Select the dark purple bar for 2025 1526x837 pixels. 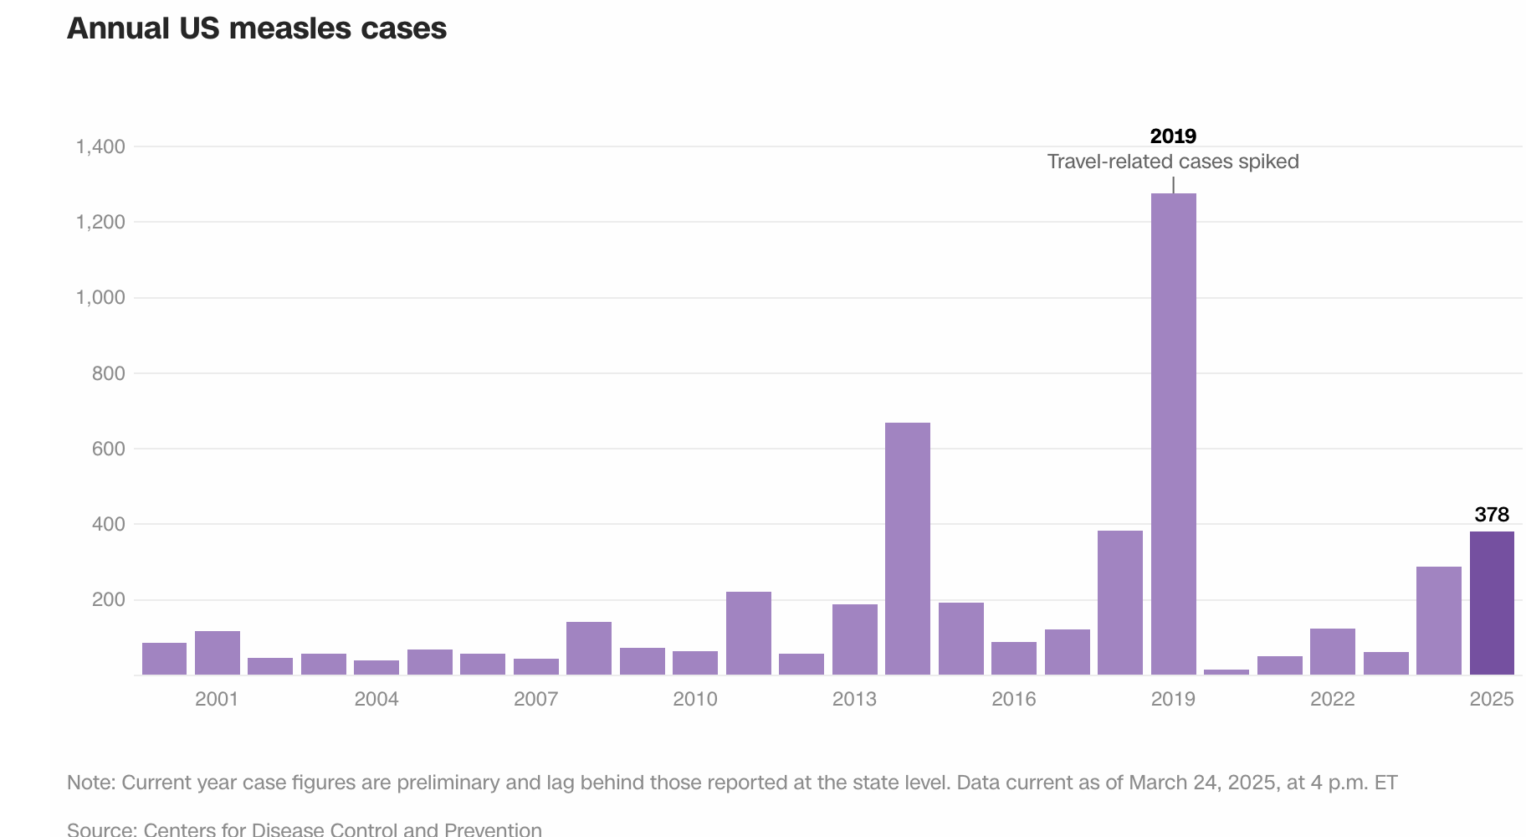tap(1492, 603)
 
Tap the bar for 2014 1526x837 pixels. tap(908, 548)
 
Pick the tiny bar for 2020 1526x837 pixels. tap(1226, 671)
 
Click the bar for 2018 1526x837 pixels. tap(1120, 603)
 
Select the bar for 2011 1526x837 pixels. tap(749, 633)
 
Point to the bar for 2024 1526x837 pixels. tap(1439, 620)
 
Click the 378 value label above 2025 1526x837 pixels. tap(1492, 514)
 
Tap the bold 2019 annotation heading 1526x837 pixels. tap(1173, 136)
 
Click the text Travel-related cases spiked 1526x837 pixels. tap(1173, 162)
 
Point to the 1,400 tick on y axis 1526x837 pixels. tap(100, 146)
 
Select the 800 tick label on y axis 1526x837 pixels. tap(109, 373)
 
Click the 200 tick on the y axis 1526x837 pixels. tap(109, 599)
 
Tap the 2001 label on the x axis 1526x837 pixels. tap(217, 699)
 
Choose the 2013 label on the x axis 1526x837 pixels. tap(854, 699)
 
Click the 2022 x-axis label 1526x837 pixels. tap(1332, 699)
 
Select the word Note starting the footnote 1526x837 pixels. tap(90, 783)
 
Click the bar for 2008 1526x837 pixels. tap(589, 648)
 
